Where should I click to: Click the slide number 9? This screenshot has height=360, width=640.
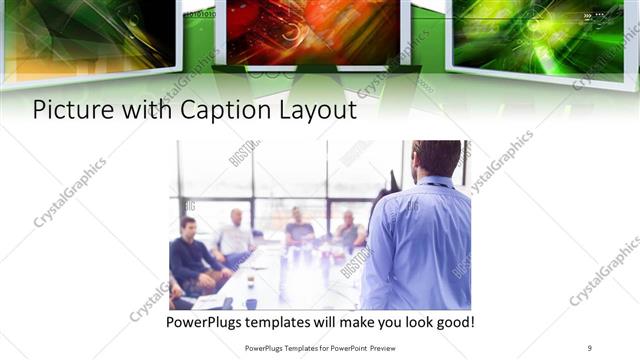[x=589, y=347]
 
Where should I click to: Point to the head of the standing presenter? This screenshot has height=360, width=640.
[x=436, y=158]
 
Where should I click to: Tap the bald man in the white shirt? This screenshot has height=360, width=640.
[x=236, y=236]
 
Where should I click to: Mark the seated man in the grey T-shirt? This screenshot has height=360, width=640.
[x=299, y=230]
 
